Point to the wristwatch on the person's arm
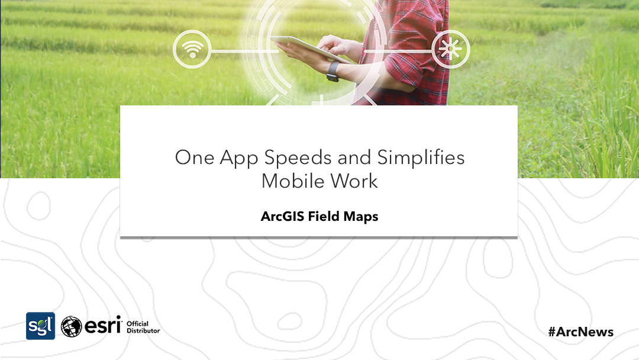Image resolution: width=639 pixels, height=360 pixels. point(333,72)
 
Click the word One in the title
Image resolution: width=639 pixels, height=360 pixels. point(194,157)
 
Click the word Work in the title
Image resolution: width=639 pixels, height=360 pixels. point(353,181)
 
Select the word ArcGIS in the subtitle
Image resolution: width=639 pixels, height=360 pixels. point(281,217)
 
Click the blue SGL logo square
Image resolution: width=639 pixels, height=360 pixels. point(40,326)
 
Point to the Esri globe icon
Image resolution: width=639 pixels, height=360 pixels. point(72,326)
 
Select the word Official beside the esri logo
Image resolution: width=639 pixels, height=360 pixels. point(137,323)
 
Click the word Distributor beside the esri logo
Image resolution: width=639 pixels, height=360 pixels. point(143,330)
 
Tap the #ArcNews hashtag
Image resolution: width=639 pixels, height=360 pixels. point(580,332)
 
